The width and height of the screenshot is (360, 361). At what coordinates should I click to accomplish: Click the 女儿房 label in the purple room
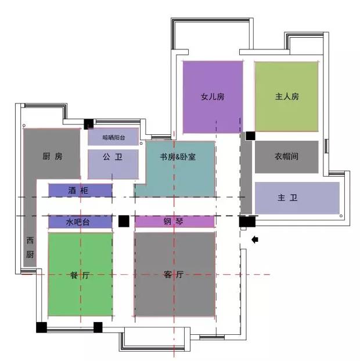(213, 96)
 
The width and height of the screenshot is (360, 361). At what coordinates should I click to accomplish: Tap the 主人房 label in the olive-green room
(287, 96)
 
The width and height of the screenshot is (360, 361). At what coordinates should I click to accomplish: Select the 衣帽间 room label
(287, 156)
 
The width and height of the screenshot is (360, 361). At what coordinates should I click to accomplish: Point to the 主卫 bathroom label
(287, 198)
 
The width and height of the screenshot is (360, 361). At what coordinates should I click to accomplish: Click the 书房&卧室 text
(178, 157)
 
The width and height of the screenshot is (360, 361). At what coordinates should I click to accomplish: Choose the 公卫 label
(113, 157)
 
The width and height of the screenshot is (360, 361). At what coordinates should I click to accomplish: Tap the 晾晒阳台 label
(114, 138)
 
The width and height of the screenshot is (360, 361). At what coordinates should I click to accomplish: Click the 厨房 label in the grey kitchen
(52, 156)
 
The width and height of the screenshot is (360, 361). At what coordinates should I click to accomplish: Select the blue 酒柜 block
(80, 190)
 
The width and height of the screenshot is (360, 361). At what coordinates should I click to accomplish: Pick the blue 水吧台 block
(80, 222)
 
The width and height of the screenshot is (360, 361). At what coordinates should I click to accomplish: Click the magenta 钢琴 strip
(174, 221)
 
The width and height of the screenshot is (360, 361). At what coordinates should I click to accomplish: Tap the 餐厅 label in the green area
(80, 275)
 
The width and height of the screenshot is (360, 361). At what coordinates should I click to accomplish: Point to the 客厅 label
(174, 274)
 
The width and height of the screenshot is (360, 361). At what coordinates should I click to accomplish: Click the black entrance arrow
(255, 240)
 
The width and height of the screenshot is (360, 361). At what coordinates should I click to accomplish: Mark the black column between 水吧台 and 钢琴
(124, 221)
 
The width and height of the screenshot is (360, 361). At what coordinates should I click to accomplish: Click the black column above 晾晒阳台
(89, 124)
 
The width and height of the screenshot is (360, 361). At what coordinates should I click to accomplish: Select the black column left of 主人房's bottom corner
(250, 136)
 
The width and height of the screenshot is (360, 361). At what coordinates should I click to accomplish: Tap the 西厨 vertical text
(30, 248)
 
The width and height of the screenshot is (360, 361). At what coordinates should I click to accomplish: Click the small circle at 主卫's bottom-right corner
(341, 216)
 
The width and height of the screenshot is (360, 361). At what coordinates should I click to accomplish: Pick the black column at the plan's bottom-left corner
(41, 327)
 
